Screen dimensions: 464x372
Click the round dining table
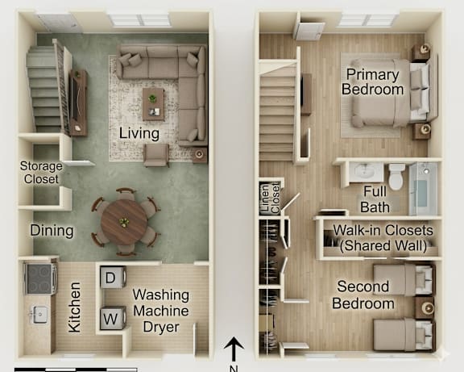124,222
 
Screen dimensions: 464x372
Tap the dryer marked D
113,278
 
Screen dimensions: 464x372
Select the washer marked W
113,318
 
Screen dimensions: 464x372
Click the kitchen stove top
40,278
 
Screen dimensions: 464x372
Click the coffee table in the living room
153,104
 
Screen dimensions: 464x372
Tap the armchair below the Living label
156,155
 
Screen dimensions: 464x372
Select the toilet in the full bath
396,177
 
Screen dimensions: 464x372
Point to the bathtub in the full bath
423,189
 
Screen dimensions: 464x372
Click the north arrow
234,349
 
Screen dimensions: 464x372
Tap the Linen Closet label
270,198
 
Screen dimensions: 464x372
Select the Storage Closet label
41,172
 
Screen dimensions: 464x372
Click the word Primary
372,74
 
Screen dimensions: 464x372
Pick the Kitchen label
74,307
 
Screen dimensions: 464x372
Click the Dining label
52,231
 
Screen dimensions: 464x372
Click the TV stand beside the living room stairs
78,102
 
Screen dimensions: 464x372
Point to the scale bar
76,370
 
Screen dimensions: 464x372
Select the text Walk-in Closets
383,230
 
